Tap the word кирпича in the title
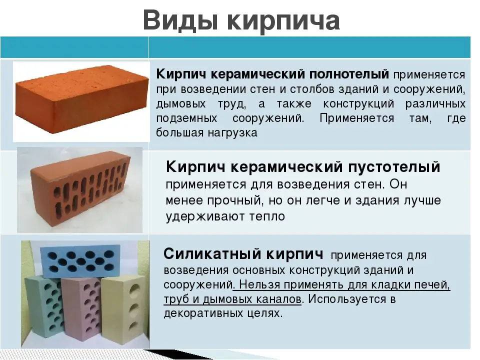(283, 21)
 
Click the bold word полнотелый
(349, 74)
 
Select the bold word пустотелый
(394, 167)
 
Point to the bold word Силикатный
(212, 254)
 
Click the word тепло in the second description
(267, 216)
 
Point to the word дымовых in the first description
(181, 103)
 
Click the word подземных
(186, 118)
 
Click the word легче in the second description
(323, 201)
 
